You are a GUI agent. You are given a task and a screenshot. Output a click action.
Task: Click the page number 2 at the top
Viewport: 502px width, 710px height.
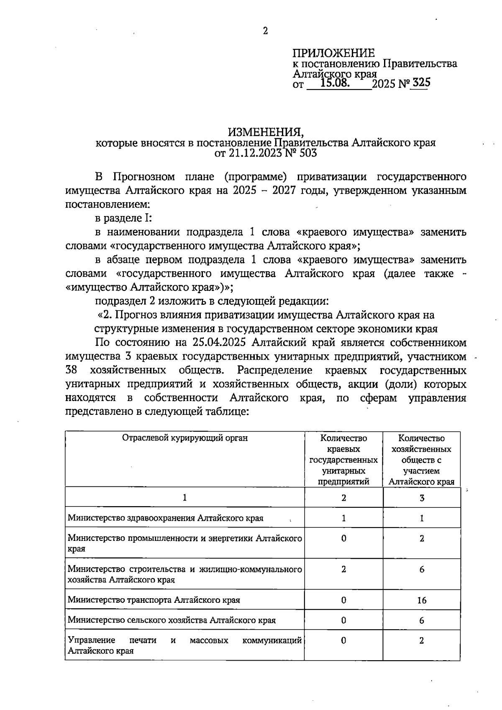pyautogui.click(x=265, y=31)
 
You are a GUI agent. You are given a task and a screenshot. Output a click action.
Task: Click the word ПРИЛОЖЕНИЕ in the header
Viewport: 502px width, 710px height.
pyautogui.click(x=333, y=53)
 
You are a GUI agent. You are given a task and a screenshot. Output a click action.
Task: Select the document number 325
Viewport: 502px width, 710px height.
pyautogui.click(x=420, y=82)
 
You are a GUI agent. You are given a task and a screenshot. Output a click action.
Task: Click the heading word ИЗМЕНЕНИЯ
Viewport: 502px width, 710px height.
pyautogui.click(x=265, y=132)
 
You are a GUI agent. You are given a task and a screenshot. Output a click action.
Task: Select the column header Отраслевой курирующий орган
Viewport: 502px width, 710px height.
pyautogui.click(x=184, y=438)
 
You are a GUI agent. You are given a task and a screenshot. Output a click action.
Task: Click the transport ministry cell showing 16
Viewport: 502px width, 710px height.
pyautogui.click(x=421, y=600)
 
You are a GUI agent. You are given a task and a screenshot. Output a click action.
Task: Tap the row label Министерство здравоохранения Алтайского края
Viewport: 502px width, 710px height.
pyautogui.click(x=165, y=518)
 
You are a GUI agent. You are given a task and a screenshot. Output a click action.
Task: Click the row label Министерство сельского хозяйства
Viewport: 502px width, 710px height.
pyautogui.click(x=172, y=620)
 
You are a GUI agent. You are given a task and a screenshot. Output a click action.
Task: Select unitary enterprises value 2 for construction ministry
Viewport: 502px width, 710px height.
pyautogui.click(x=343, y=569)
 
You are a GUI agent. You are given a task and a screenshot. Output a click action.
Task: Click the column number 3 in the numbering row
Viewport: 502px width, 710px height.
pyautogui.click(x=422, y=498)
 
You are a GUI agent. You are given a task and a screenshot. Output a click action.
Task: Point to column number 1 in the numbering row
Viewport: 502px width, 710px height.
pyautogui.click(x=184, y=498)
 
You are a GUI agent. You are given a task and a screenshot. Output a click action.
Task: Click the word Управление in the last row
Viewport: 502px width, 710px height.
pyautogui.click(x=91, y=640)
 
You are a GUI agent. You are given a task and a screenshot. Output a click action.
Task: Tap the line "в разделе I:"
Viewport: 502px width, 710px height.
pyautogui.click(x=123, y=218)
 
